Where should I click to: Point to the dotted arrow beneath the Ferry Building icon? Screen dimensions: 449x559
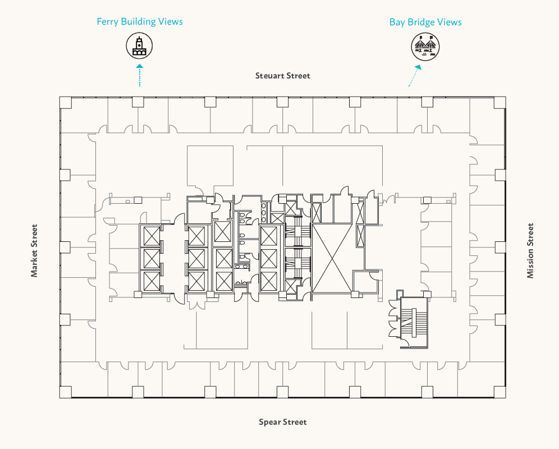(139, 75)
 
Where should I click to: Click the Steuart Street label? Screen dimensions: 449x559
(282, 76)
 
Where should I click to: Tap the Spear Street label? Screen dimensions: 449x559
(282, 422)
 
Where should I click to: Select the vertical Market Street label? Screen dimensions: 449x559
(35, 250)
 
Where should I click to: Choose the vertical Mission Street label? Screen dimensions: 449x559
(530, 250)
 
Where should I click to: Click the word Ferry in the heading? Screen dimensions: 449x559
(107, 22)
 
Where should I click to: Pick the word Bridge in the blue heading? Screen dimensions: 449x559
(422, 22)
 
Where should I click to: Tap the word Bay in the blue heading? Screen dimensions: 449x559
(397, 22)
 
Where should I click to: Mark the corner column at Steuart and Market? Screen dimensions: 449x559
(66, 102)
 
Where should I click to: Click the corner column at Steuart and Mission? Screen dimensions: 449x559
(500, 102)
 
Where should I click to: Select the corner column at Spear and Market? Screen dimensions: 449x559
(66, 392)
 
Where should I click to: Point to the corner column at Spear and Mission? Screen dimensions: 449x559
(500, 392)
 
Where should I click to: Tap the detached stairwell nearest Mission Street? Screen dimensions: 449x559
(414, 323)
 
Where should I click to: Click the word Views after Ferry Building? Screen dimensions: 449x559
(171, 22)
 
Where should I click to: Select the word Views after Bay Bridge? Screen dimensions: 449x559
(450, 22)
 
